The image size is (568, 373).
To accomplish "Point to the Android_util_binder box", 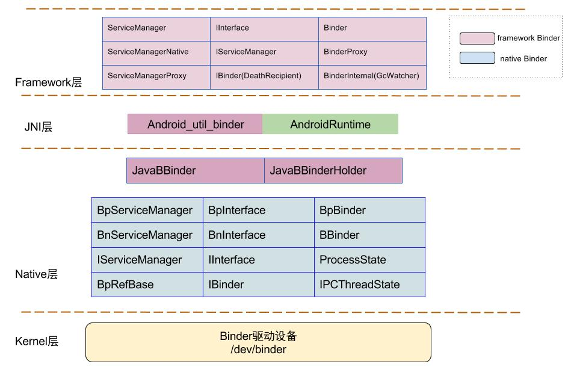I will pyautogui.click(x=195, y=125).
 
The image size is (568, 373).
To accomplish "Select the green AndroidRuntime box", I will pyautogui.click(x=330, y=125).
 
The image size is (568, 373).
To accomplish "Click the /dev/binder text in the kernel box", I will pyautogui.click(x=258, y=350).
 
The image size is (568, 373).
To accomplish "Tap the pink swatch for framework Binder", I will pyautogui.click(x=477, y=39).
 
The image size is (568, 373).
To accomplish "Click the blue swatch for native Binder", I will pyautogui.click(x=477, y=58).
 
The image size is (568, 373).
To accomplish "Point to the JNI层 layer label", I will pyautogui.click(x=38, y=127).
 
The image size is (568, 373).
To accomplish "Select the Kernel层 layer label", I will pyautogui.click(x=37, y=342).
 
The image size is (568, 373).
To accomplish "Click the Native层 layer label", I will pyautogui.click(x=36, y=274).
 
